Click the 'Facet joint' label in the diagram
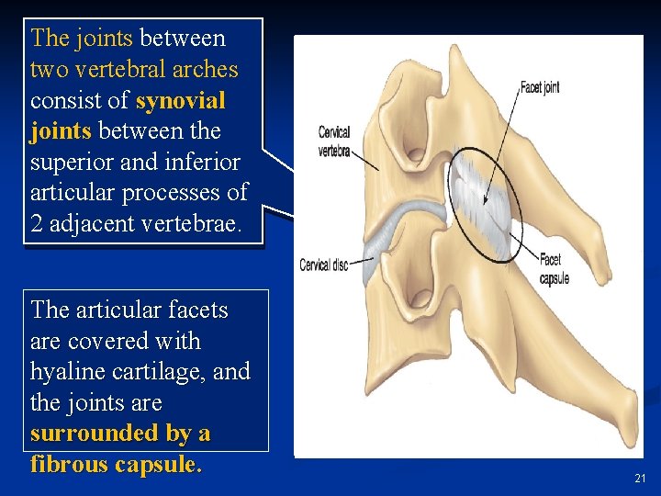540,88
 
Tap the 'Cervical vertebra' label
334,141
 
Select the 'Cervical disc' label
324,265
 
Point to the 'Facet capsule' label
554,269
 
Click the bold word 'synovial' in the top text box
180,100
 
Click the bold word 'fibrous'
69,465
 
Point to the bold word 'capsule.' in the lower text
159,465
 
